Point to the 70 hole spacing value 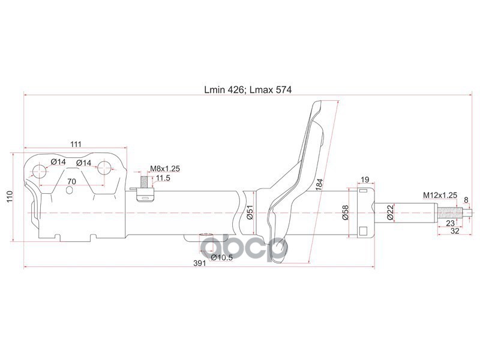[x=71, y=181]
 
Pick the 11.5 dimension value [x=163, y=178]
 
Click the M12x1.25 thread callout [x=440, y=195]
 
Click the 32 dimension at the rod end [x=456, y=230]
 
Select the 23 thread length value [x=451, y=222]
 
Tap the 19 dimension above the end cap [x=364, y=179]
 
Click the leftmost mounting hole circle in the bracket [x=40, y=172]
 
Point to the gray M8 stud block [x=145, y=181]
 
